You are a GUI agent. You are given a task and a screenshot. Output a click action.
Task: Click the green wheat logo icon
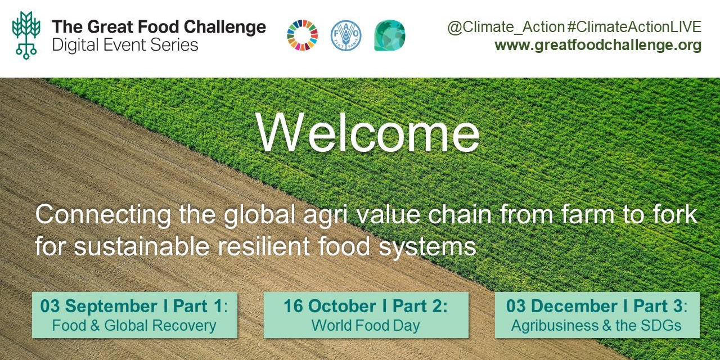pos(26,35)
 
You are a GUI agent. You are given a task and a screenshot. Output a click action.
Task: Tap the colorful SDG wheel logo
pos(303,35)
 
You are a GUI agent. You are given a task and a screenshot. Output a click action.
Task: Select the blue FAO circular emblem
pos(346,35)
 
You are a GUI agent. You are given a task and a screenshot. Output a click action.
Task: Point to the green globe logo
pos(390,35)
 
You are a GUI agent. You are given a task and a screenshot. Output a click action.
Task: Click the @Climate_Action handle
pos(506,27)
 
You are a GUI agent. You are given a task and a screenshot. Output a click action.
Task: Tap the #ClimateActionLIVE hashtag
pos(634,26)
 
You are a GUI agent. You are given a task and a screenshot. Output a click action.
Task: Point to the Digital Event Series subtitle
pos(125,44)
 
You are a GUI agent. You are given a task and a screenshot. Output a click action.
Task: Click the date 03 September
pos(99,306)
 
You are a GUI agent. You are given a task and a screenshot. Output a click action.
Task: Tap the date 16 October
pos(330,305)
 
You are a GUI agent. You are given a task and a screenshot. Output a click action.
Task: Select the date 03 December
pos(562,305)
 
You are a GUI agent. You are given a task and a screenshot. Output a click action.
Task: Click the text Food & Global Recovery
pos(134,325)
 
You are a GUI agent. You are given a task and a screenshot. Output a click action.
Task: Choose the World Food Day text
pos(366,325)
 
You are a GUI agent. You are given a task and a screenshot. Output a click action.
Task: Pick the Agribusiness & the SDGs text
pos(596,325)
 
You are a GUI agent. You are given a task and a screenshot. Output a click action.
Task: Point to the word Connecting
pos(103,215)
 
